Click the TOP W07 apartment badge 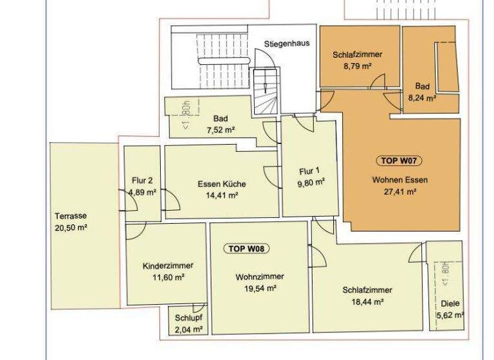pyautogui.click(x=401, y=161)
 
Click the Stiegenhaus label pyautogui.click(x=287, y=44)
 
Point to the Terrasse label pyautogui.click(x=71, y=216)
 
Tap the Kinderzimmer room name pyautogui.click(x=168, y=265)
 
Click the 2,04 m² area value pyautogui.click(x=188, y=329)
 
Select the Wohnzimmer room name pyautogui.click(x=260, y=276)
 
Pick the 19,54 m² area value pyautogui.click(x=260, y=289)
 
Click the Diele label pyautogui.click(x=450, y=305)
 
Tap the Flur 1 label pyautogui.click(x=309, y=171)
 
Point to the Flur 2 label pyautogui.click(x=142, y=181)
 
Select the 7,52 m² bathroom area pyautogui.click(x=221, y=130)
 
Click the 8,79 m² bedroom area pyautogui.click(x=358, y=66)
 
